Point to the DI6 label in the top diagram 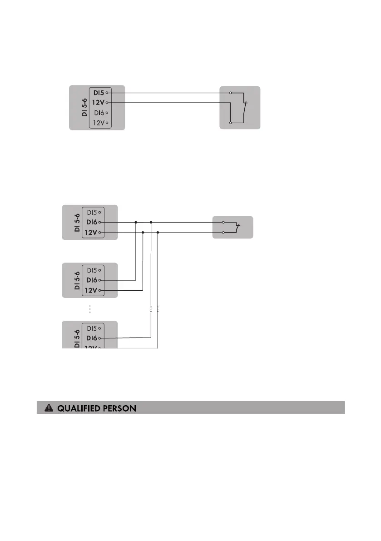tap(99, 113)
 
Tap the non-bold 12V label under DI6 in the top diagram tap(99, 123)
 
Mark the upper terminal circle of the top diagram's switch tap(231, 93)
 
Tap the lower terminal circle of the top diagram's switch tap(231, 122)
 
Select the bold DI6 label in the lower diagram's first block tap(91, 222)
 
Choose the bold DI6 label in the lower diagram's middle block tap(91, 280)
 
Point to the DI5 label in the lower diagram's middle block tap(92, 270)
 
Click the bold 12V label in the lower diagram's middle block tap(91, 291)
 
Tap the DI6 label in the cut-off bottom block tap(91, 338)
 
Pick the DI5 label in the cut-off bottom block tap(92, 328)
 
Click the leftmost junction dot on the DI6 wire tap(136, 223)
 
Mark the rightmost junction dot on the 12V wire tap(158, 232)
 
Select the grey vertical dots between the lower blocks tap(90, 309)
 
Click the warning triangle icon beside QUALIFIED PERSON tap(47, 408)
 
